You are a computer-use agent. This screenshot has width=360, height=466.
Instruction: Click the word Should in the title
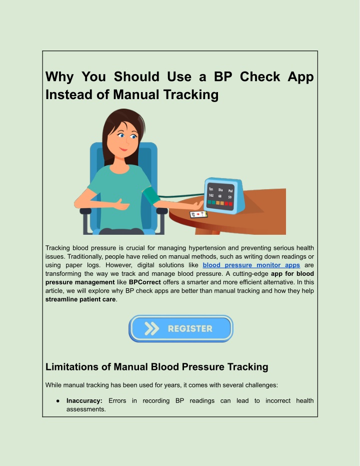coord(136,77)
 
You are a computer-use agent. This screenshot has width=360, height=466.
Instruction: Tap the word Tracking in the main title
coord(191,95)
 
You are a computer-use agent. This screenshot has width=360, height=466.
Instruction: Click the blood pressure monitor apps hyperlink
coord(251,265)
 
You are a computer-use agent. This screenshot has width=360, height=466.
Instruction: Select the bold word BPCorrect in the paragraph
coord(145,282)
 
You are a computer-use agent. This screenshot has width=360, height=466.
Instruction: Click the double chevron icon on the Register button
coord(151,329)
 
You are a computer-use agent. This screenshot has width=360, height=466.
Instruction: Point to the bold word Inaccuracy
coord(84,400)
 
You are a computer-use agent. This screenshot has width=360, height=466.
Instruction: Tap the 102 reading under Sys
coord(211,195)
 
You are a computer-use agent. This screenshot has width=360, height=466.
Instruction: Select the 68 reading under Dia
coord(220,196)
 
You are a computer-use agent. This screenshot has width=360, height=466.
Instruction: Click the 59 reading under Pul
coord(229,197)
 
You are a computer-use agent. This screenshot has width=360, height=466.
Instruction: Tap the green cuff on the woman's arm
coord(151,195)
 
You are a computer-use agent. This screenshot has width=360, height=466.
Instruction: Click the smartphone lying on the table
coord(198,214)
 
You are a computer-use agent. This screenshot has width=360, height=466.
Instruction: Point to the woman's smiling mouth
coord(123,149)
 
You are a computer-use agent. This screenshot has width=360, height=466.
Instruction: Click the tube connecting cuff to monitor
coord(181,196)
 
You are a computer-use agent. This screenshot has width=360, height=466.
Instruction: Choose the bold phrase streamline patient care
coord(80,299)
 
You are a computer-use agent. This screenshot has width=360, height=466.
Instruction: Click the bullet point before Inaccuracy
coord(58,401)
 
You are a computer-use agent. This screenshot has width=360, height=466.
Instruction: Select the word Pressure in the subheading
coord(202,367)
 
